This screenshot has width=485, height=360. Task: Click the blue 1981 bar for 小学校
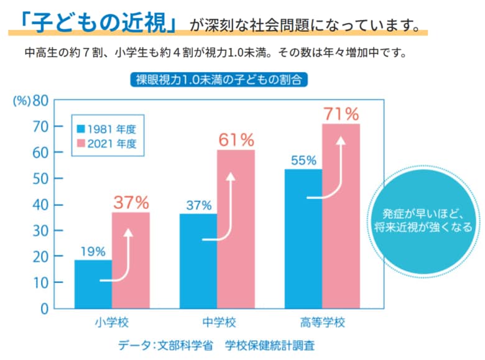[93, 284]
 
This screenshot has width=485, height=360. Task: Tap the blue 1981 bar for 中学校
[198, 261]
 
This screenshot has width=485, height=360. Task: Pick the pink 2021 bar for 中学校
[236, 229]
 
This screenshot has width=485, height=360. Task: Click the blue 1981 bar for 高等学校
[303, 239]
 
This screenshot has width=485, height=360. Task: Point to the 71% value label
[341, 114]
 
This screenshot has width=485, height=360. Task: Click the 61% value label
[236, 140]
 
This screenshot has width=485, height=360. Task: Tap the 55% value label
[303, 160]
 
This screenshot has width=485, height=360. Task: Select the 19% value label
[93, 251]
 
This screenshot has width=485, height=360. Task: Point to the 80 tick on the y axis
[40, 101]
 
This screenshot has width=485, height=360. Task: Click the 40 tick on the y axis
[40, 205]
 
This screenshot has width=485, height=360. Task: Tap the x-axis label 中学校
[218, 323]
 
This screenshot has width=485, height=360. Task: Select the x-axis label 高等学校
[322, 323]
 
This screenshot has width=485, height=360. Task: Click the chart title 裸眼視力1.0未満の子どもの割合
[218, 80]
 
